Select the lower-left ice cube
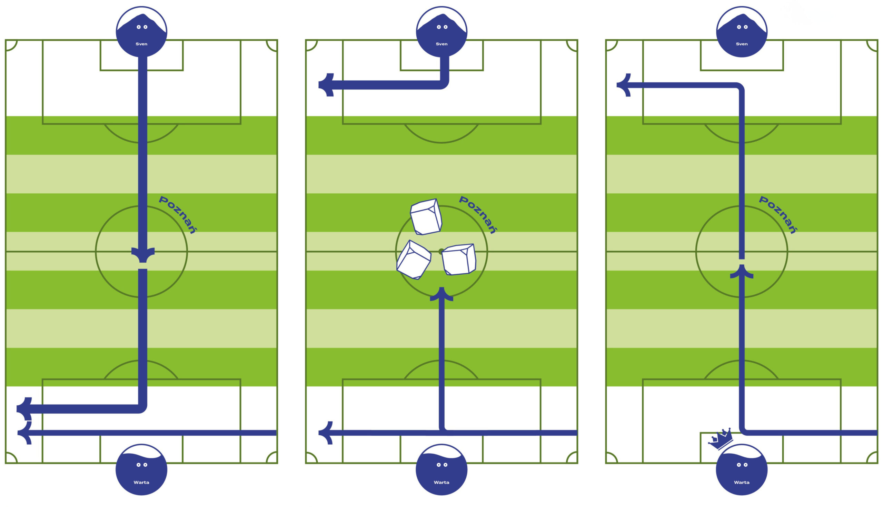[x=414, y=260]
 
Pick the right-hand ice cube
[x=459, y=260]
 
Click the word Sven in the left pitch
[x=141, y=44]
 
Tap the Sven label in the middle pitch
[x=441, y=44]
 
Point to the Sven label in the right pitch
[x=742, y=44]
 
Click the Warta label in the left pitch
[x=141, y=482]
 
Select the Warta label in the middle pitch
[x=441, y=482]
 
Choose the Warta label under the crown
[x=742, y=482]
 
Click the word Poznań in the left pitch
[x=178, y=214]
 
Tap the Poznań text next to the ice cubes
[x=478, y=214]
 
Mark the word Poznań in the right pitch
[x=778, y=214]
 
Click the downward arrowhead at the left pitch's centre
[x=143, y=255]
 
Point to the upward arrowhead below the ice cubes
[x=441, y=294]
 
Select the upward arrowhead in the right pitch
[x=742, y=272]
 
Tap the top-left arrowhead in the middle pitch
[x=327, y=85]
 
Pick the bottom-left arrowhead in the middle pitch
[x=326, y=433]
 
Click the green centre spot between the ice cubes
[x=441, y=251]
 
